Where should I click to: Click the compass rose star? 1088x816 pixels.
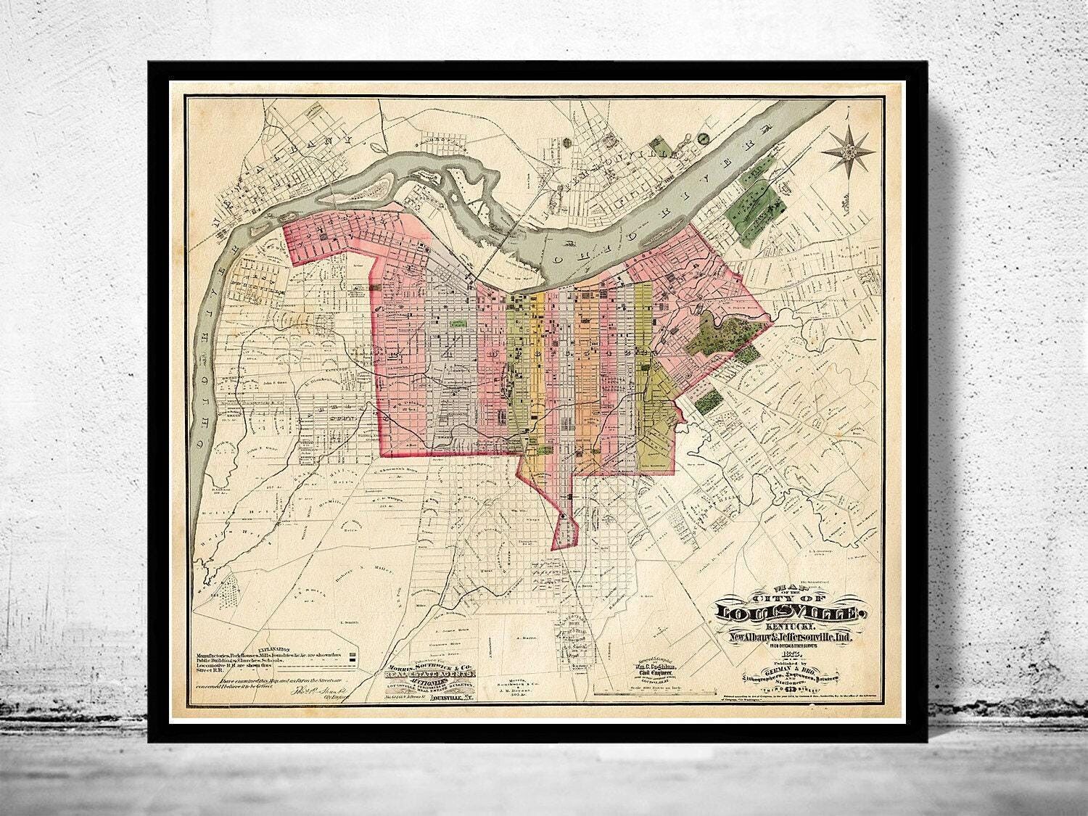846,150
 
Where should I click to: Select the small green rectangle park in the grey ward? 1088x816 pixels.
458,326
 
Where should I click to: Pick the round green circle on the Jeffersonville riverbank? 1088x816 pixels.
701,136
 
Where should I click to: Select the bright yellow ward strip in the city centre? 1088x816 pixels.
537,363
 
